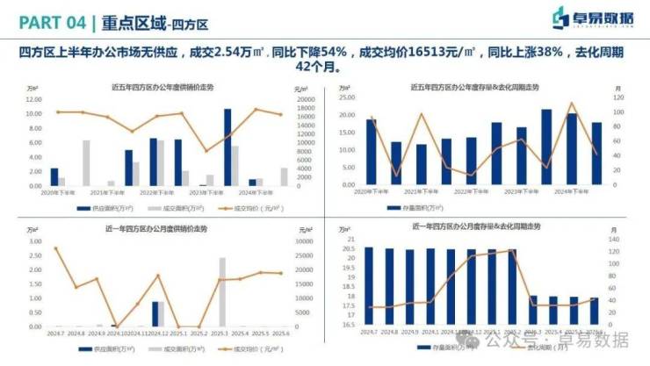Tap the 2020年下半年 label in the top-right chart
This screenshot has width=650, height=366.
tap(371, 190)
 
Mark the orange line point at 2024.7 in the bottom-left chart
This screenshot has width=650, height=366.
tap(55, 248)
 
